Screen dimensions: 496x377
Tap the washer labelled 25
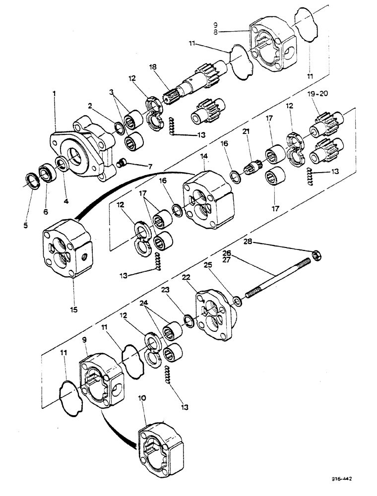tap(238, 300)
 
